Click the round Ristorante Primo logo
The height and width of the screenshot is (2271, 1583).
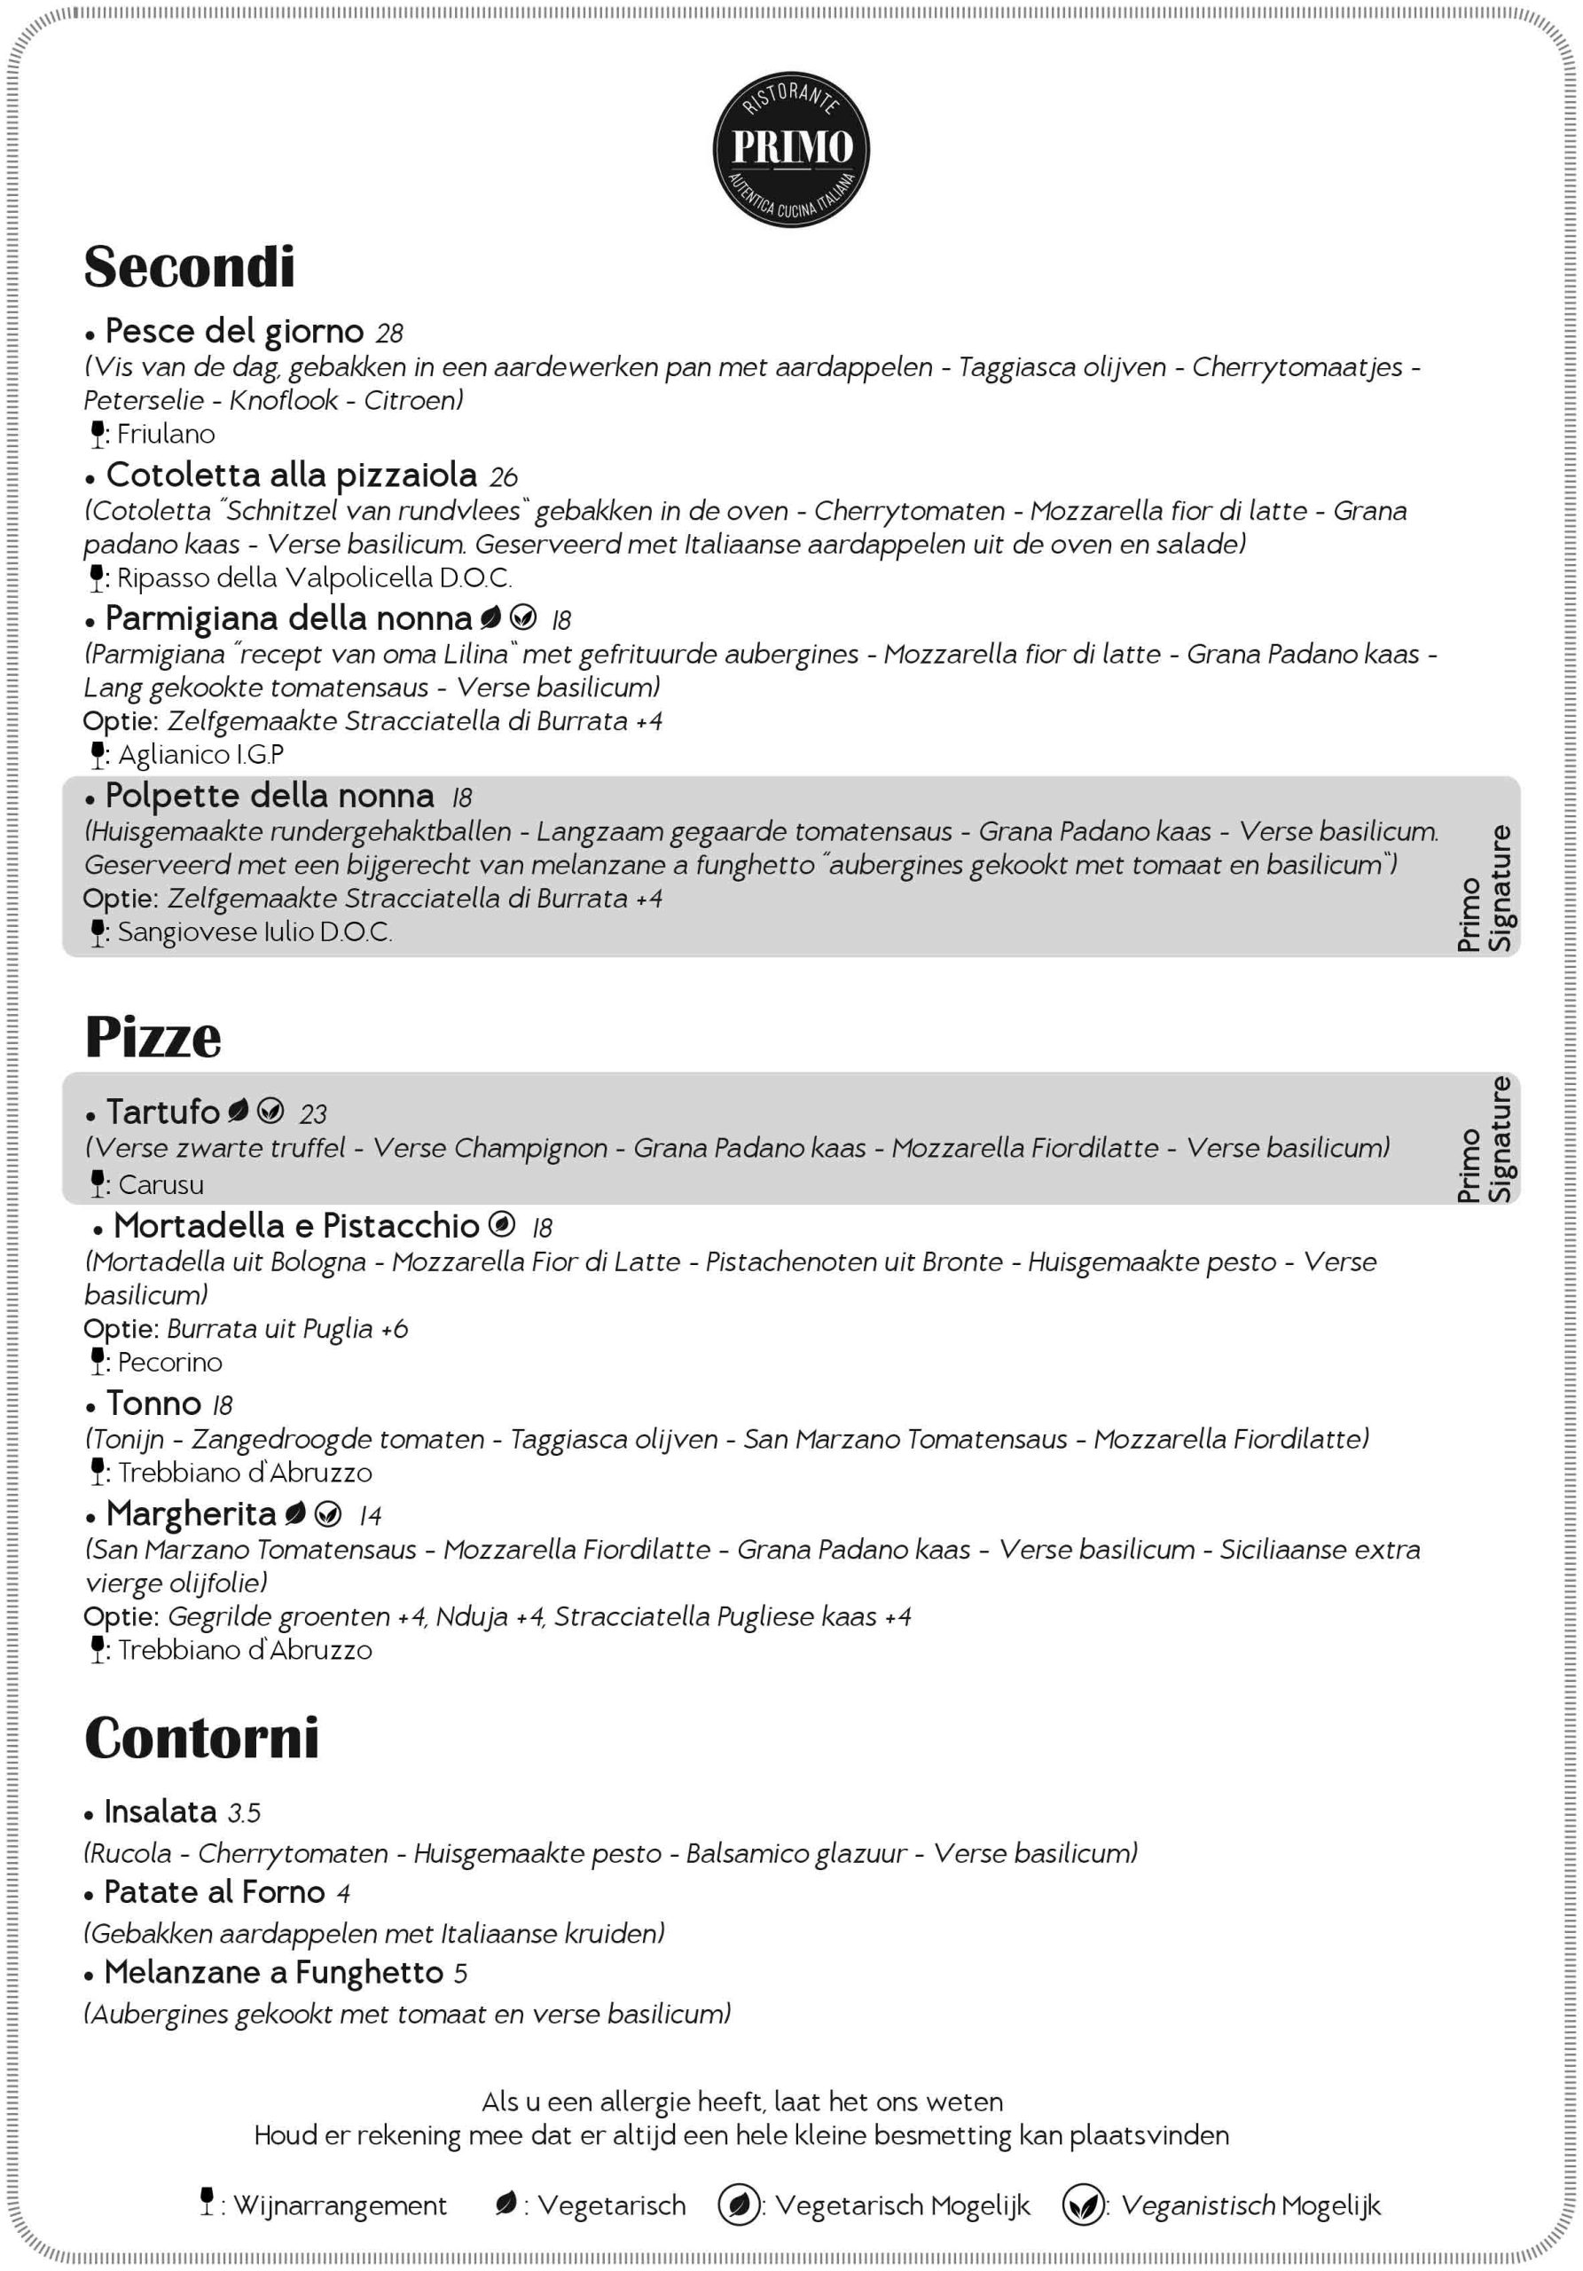tap(791, 148)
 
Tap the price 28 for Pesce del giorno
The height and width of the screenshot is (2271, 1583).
tap(389, 334)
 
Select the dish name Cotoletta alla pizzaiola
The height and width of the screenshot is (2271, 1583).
tap(291, 475)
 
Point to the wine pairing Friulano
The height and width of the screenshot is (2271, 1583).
tap(165, 434)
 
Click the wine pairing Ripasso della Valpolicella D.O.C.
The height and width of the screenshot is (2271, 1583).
tap(313, 578)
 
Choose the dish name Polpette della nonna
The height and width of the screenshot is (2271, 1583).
tap(269, 797)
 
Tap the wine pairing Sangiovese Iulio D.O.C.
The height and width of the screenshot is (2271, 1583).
tap(255, 932)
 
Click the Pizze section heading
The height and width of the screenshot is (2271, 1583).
tap(153, 1037)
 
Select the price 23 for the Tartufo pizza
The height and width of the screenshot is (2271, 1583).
tap(312, 1115)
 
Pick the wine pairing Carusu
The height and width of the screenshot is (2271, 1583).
tap(161, 1185)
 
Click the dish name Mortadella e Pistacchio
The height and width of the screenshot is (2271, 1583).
tap(295, 1227)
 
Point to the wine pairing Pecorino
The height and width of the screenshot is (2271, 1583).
tap(169, 1363)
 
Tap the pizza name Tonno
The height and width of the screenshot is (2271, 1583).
tap(153, 1404)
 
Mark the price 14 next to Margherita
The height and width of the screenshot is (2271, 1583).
tap(370, 1516)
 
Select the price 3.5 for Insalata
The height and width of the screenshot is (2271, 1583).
tap(244, 1814)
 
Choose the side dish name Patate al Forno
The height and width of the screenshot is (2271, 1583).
tap(214, 1893)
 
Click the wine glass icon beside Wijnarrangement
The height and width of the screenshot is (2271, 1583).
tap(207, 2202)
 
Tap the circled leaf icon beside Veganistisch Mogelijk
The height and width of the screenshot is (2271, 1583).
tap(1083, 2204)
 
